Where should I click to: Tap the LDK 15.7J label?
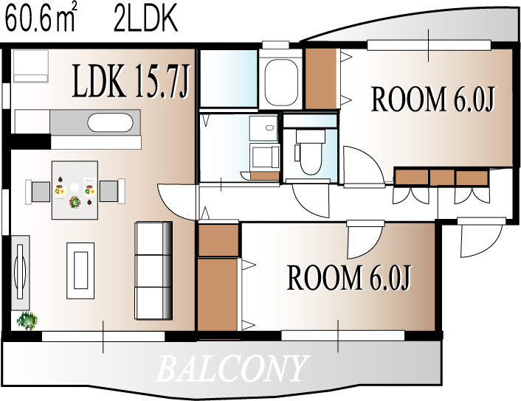131,81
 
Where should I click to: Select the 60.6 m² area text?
41,19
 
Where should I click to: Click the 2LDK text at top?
146,19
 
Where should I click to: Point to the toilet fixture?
310,152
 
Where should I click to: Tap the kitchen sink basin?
110,123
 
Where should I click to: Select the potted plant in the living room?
27,321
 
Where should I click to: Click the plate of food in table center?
75,202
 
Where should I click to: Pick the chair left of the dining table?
38,192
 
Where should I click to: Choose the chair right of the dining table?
112,191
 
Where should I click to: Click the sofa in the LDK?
153,271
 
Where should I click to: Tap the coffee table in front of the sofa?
80,271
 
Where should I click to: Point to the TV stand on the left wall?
21,273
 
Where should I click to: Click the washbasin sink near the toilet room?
263,128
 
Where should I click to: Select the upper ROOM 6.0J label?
433,99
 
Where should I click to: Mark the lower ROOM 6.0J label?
349,277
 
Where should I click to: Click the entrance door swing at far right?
480,239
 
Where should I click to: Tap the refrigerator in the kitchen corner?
30,66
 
